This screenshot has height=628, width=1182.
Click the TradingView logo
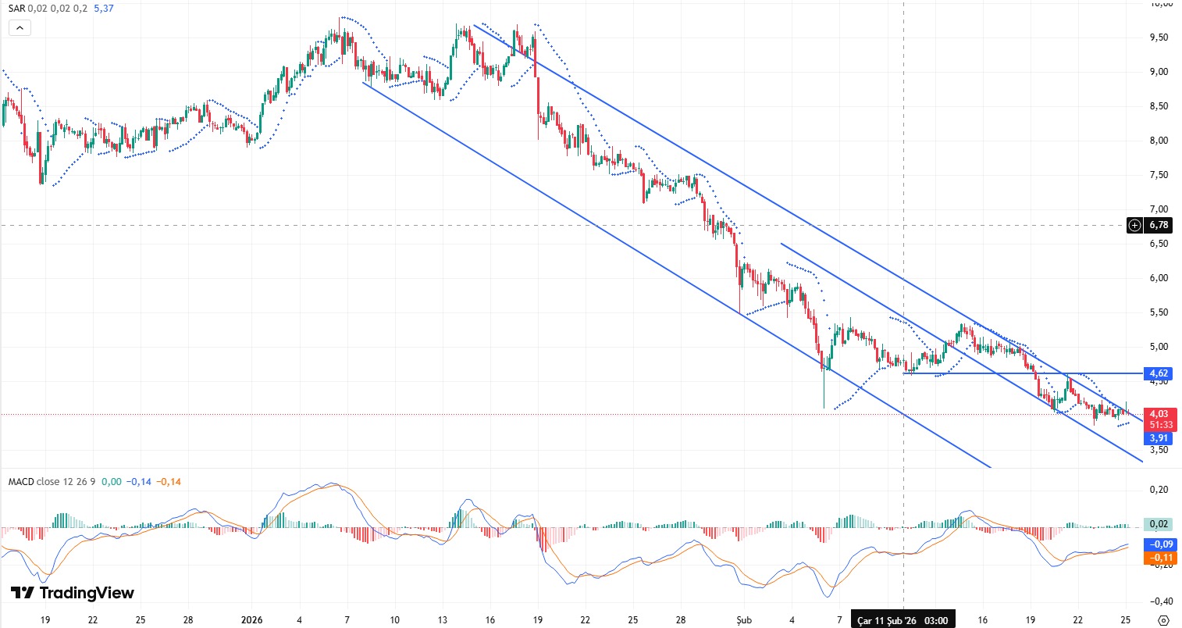pos(72,593)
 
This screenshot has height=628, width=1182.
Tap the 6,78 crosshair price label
pos(1159,225)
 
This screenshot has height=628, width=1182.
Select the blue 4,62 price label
pos(1158,373)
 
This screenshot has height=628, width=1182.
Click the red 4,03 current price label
pos(1159,414)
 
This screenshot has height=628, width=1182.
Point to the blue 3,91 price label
pos(1159,438)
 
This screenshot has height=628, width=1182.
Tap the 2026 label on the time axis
pos(251,619)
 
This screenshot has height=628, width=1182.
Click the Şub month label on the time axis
pos(744,619)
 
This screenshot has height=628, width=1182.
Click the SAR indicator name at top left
pos(16,9)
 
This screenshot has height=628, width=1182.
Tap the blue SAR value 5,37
pos(104,9)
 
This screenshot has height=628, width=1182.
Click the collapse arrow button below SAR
pos(20,28)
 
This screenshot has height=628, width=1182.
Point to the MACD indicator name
pos(21,481)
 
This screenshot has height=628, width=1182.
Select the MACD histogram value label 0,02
pos(1159,524)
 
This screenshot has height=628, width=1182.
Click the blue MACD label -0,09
pos(1159,544)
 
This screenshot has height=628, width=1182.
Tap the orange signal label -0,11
pos(1159,557)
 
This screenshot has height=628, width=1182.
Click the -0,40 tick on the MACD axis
pos(1158,601)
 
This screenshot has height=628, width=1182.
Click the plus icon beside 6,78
pos(1135,225)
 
